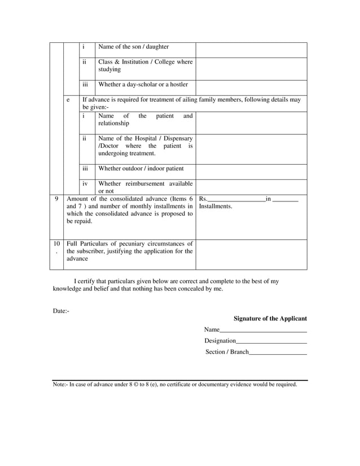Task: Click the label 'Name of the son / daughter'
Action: [133, 47]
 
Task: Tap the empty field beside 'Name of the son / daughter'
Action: [251, 50]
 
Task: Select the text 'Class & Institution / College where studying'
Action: [145, 65]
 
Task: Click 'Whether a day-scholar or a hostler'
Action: [143, 85]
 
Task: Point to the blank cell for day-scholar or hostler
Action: [251, 87]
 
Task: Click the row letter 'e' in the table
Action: [68, 100]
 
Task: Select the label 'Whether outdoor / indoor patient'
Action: [141, 168]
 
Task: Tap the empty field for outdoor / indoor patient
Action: [251, 172]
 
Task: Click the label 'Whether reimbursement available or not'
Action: [145, 187]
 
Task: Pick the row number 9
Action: [56, 199]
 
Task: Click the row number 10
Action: [56, 244]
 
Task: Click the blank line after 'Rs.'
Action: [236, 199]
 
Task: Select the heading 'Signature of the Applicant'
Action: [270, 319]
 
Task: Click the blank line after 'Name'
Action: [263, 329]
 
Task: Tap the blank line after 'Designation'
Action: [271, 341]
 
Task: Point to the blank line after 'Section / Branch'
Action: [278, 352]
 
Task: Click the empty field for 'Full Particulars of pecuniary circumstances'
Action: [251, 254]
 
